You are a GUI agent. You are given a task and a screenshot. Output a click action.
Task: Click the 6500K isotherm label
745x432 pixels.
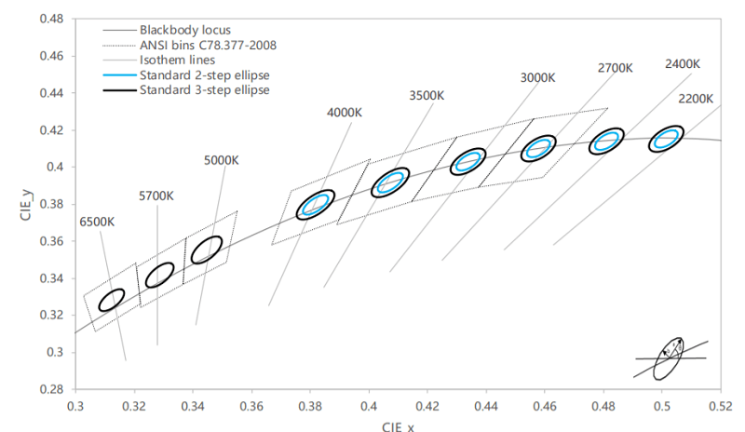click(97, 222)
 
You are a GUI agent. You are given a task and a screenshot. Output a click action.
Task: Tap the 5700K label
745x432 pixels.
click(156, 196)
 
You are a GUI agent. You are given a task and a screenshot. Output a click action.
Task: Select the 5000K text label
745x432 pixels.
click(222, 160)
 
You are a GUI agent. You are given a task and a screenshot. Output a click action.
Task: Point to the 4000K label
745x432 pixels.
click(345, 113)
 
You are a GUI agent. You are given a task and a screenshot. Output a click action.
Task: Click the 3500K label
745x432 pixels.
click(427, 96)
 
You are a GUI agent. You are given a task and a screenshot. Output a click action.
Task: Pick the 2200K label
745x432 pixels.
click(696, 99)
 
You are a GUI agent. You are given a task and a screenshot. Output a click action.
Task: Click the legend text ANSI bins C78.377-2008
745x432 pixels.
click(208, 45)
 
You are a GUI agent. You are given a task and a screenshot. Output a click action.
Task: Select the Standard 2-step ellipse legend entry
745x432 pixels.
click(186, 75)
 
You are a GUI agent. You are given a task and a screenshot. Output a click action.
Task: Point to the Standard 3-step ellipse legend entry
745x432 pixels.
click(186, 89)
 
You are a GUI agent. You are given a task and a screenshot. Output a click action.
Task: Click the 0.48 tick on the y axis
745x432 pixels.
click(52, 19)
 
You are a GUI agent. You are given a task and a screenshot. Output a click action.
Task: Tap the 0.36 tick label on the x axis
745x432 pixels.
click(251, 406)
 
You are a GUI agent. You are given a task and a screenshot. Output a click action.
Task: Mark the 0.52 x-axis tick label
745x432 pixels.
click(721, 406)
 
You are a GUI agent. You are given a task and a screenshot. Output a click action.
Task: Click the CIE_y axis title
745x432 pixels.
click(26, 205)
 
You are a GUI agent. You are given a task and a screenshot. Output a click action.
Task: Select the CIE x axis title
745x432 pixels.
click(398, 425)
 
